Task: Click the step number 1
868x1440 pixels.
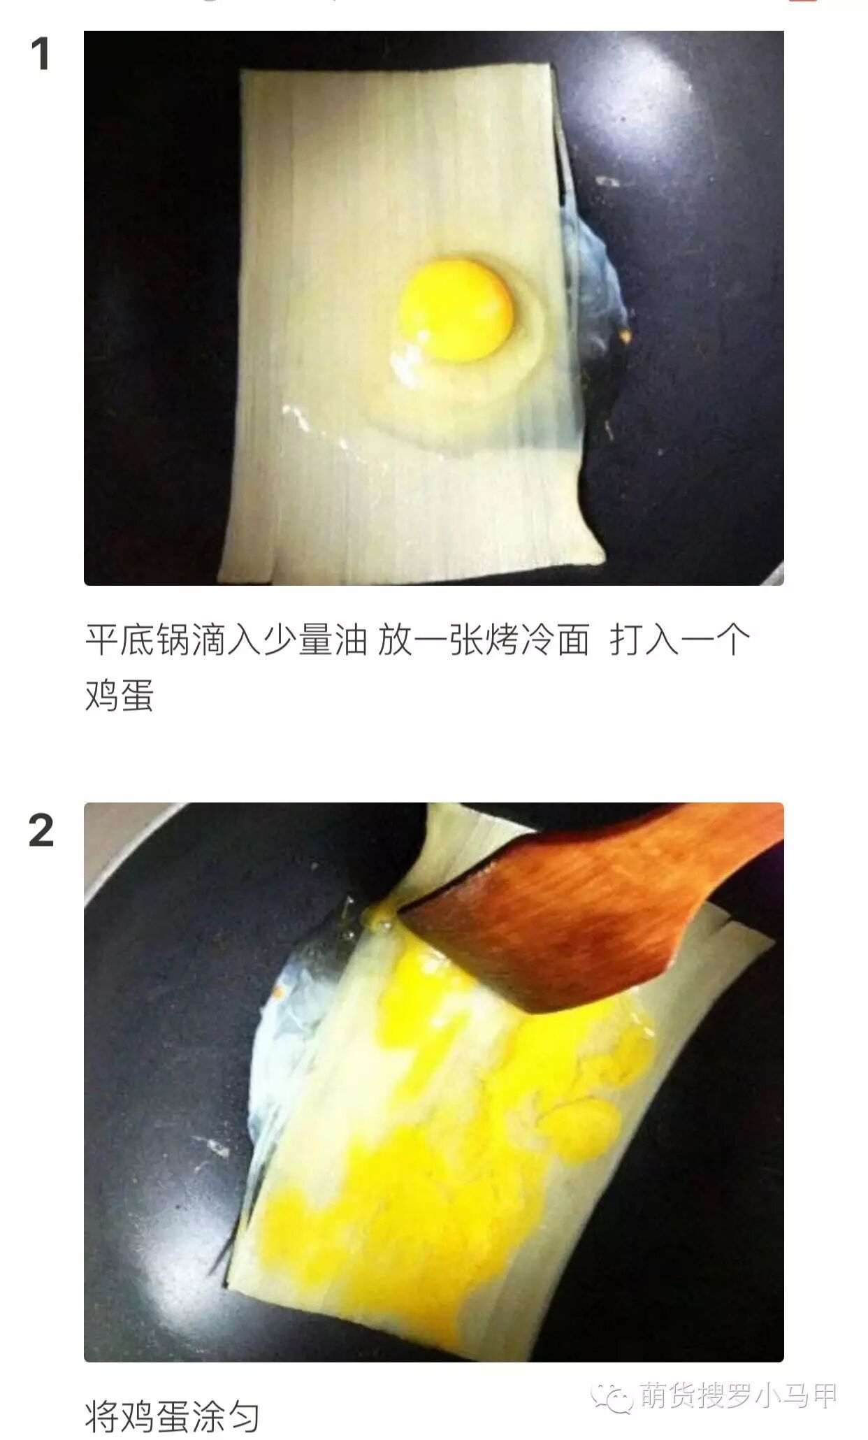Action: [41, 55]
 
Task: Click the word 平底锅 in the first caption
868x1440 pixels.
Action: [138, 640]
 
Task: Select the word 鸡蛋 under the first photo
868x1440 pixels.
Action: [120, 695]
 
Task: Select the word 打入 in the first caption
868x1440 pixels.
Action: [644, 640]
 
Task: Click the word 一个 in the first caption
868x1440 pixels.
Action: [714, 640]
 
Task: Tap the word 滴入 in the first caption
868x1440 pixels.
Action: [226, 640]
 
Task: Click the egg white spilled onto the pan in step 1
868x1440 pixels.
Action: [594, 280]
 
